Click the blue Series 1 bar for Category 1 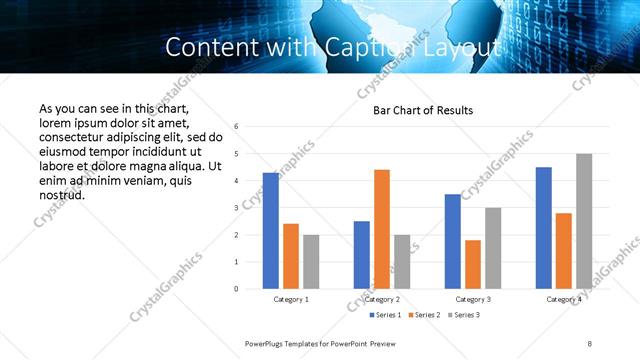pyautogui.click(x=270, y=231)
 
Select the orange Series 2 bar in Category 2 pyautogui.click(x=381, y=229)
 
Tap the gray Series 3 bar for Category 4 pyautogui.click(x=584, y=221)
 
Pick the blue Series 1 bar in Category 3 pyautogui.click(x=453, y=241)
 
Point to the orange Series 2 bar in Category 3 pyautogui.click(x=473, y=264)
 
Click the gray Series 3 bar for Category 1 pyautogui.click(x=311, y=262)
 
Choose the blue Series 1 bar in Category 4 pyautogui.click(x=543, y=228)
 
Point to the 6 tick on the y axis pyautogui.click(x=236, y=127)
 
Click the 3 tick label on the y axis pyautogui.click(x=236, y=208)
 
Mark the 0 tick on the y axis pyautogui.click(x=236, y=289)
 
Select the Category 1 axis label pyautogui.click(x=291, y=299)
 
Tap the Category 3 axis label pyautogui.click(x=473, y=299)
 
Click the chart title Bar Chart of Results pyautogui.click(x=423, y=110)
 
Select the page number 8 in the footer pyautogui.click(x=590, y=343)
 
